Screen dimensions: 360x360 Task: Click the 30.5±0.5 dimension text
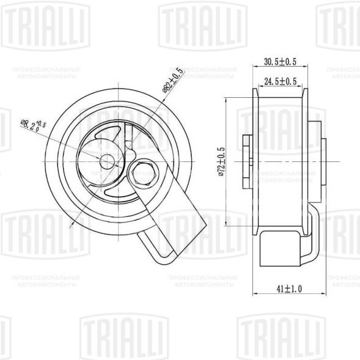click(x=280, y=62)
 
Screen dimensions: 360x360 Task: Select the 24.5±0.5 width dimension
click(x=280, y=81)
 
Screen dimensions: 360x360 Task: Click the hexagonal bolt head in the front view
click(x=145, y=174)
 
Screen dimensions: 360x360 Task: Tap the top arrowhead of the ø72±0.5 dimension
click(x=227, y=99)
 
